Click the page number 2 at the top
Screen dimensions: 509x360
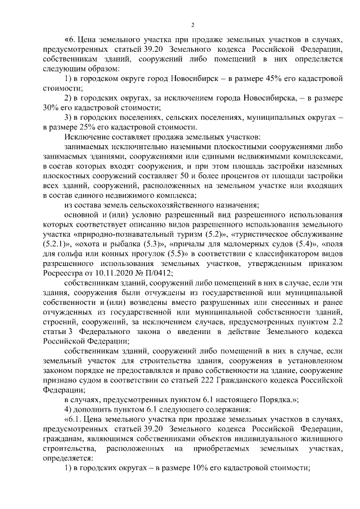click(192, 25)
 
